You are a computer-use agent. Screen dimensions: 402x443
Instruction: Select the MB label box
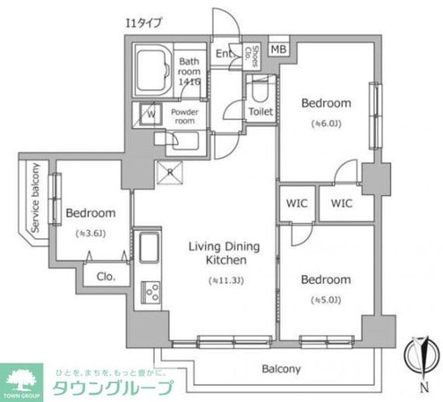click(278, 49)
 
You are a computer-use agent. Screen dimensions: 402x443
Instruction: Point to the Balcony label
click(281, 368)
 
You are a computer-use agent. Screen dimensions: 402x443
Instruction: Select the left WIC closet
click(296, 202)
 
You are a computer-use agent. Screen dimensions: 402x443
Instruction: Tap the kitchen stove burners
click(149, 290)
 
